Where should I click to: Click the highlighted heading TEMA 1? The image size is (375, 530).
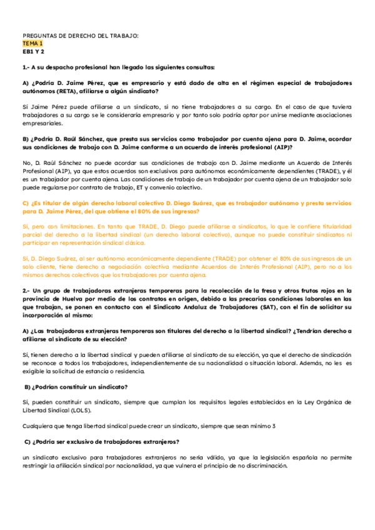point(32,44)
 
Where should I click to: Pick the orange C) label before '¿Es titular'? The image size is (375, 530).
point(26,204)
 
